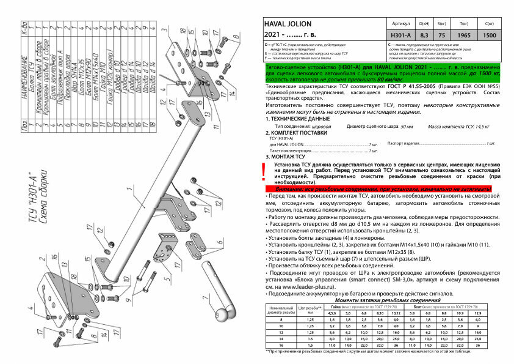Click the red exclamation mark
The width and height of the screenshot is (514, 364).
point(263,173)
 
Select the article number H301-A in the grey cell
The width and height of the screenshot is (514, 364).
point(400,35)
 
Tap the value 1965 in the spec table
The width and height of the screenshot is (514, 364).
point(463,35)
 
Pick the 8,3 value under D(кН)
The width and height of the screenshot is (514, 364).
point(424,35)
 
